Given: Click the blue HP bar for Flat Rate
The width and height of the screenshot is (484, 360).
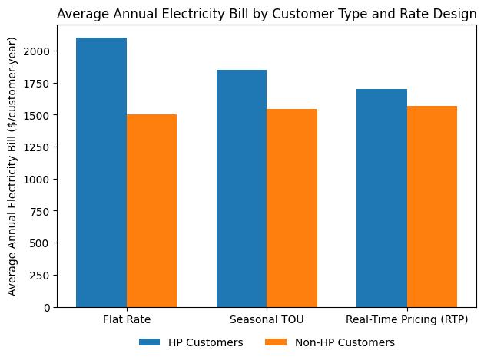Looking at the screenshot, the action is (x=101, y=173).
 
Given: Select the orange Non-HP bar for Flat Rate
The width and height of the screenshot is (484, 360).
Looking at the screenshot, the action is (x=151, y=211).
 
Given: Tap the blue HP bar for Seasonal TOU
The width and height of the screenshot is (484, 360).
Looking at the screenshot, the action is (x=242, y=189).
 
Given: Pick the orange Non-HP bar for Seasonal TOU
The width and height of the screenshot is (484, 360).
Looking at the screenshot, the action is (x=292, y=208).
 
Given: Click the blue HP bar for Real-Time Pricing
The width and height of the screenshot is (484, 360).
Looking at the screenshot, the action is (x=382, y=198).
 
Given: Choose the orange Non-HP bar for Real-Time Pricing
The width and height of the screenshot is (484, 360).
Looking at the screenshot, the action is (x=432, y=206).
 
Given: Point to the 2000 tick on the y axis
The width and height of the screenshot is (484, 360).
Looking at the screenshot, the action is (x=36, y=51).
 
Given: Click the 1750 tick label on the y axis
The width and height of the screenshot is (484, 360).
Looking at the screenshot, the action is (x=36, y=84).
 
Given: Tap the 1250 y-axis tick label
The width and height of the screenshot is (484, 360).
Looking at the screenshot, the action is (x=36, y=147).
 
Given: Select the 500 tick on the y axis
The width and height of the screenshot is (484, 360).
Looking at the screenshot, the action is (x=39, y=243).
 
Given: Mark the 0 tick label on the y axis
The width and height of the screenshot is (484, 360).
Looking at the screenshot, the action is (x=47, y=308).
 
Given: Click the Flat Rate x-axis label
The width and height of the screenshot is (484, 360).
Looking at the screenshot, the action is (x=127, y=319).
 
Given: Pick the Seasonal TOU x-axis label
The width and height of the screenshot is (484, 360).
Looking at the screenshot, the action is (x=267, y=319).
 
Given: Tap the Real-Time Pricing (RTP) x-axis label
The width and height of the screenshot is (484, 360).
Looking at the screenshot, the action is (x=407, y=319).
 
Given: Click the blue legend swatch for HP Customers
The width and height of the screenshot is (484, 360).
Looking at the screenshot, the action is (x=149, y=342).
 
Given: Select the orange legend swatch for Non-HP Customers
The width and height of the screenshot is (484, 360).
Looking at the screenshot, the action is (x=276, y=342).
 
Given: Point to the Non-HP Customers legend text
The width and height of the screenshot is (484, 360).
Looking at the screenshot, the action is (x=345, y=342).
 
